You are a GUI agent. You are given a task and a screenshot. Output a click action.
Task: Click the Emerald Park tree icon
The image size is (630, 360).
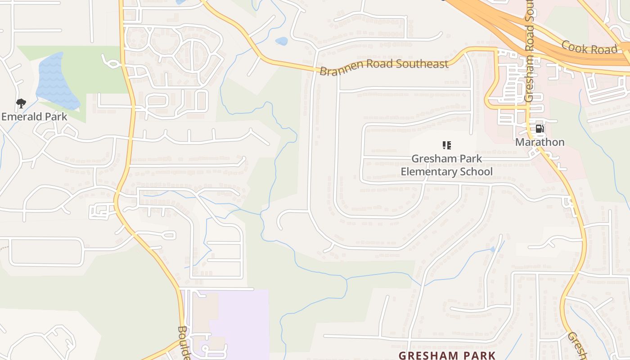[x=21, y=104]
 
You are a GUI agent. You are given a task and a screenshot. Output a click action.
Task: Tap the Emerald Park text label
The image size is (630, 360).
[x=34, y=117]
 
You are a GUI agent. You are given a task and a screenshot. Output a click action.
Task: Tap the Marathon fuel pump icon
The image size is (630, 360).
[x=540, y=129]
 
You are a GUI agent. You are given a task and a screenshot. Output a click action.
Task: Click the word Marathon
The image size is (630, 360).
[x=540, y=142]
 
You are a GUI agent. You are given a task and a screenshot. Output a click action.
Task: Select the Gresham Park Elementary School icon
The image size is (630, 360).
[x=446, y=145]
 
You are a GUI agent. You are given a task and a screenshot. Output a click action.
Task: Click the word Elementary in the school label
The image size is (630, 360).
[x=429, y=172]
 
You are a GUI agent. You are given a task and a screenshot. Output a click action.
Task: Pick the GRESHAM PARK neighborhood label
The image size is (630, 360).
[x=447, y=355]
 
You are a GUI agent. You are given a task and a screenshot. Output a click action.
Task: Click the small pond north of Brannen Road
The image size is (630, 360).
[x=281, y=41]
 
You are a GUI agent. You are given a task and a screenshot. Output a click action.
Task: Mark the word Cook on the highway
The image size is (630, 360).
[x=572, y=45]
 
